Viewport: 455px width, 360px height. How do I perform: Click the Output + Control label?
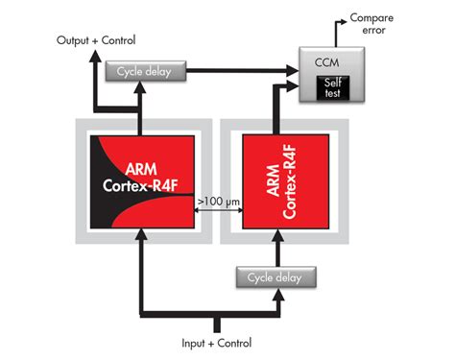99,40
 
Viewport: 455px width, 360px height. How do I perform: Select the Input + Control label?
218,343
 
